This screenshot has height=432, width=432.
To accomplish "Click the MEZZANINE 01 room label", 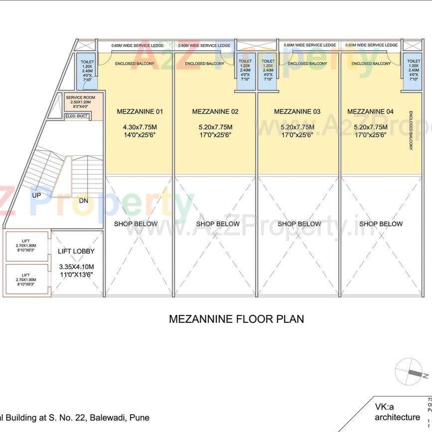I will click(x=140, y=112).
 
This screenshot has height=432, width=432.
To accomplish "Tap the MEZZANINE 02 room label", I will click(x=215, y=112).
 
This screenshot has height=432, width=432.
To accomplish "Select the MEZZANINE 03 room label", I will click(x=297, y=112).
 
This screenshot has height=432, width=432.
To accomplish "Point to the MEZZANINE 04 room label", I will click(x=370, y=112).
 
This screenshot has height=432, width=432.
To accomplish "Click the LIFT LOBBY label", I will click(x=76, y=252).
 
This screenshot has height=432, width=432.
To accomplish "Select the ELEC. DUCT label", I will click(x=76, y=116).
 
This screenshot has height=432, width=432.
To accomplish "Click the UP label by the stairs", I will click(x=36, y=195).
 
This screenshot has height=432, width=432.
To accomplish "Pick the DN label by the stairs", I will click(x=84, y=201).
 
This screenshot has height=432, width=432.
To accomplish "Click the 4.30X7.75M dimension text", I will click(x=140, y=127).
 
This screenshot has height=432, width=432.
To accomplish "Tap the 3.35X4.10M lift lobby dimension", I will click(x=76, y=267).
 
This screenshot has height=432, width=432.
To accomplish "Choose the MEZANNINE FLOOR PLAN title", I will click(x=236, y=319).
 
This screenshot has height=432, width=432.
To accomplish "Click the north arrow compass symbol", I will click(x=410, y=372).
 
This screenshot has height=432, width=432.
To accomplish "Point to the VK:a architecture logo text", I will click(x=397, y=412).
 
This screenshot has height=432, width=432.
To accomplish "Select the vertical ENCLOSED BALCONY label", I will click(x=411, y=131).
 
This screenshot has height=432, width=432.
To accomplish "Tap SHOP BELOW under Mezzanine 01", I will click(x=136, y=224).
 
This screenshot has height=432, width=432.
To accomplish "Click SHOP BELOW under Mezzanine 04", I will click(x=381, y=224).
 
